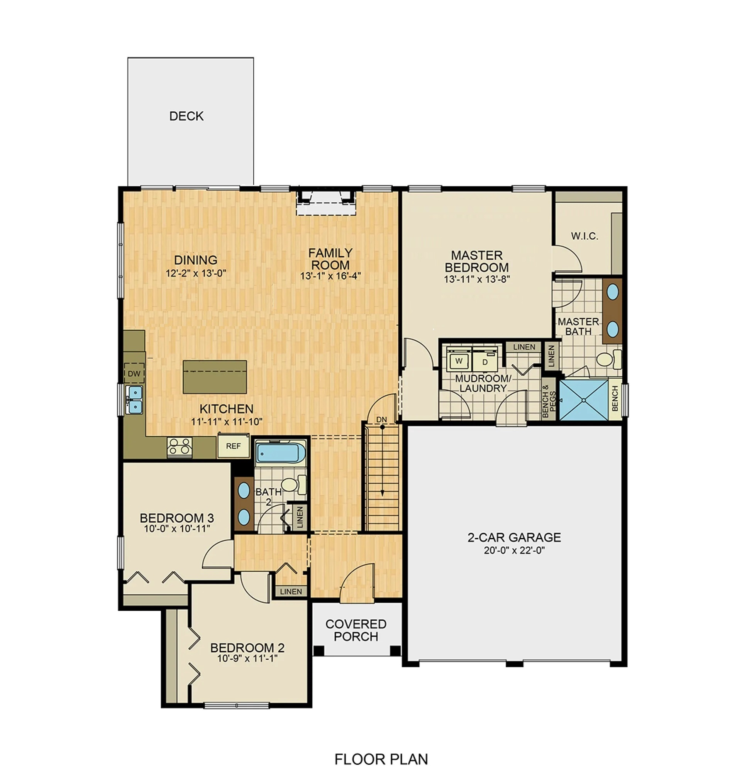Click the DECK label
pos(186,116)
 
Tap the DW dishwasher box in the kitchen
pos(134,373)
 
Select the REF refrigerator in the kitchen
pos(233,446)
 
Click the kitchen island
pos(215,377)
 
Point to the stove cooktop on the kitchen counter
pos(180,447)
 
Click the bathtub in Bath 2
pos(280,452)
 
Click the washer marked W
pos(459,361)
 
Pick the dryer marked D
pos(485,361)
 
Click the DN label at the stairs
pos(381,420)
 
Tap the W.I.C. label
pos(584,236)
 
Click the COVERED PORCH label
pos(356,630)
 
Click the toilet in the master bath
pos(607,359)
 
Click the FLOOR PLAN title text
pos(381,759)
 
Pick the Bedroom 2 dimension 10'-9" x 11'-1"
pos(247,658)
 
